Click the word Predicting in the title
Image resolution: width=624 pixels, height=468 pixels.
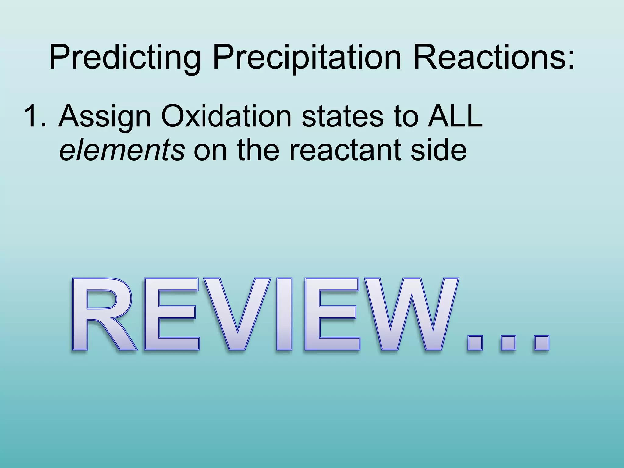click(125, 58)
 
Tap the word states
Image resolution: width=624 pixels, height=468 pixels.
click(343, 116)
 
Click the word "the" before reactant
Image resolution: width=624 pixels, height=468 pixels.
click(258, 150)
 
